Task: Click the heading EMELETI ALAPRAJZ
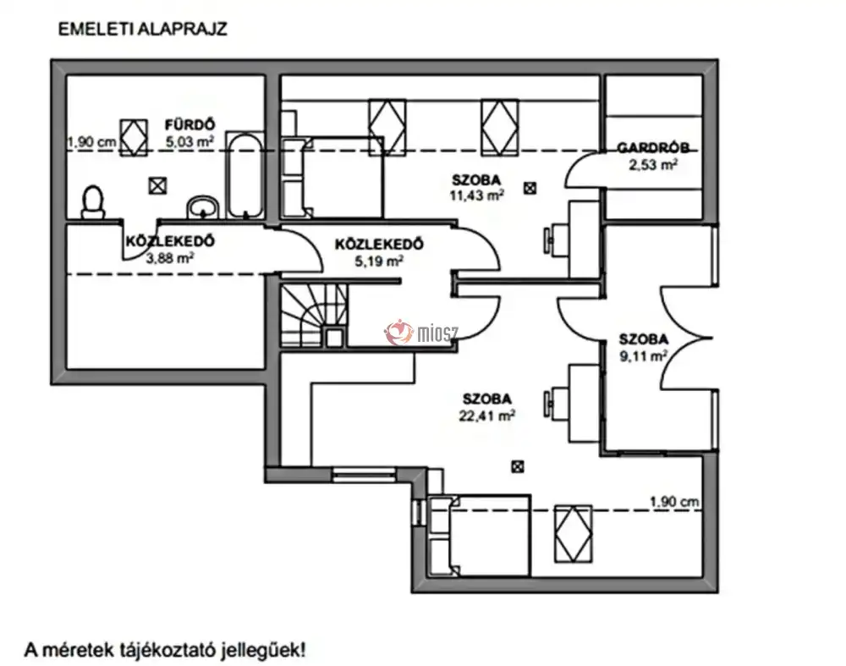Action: tap(142, 29)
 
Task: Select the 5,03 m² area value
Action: tap(187, 142)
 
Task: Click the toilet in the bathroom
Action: tap(93, 203)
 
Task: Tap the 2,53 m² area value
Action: tap(652, 165)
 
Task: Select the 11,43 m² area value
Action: tap(477, 195)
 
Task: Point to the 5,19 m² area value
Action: tap(379, 261)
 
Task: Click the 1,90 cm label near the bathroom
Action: tap(91, 142)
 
